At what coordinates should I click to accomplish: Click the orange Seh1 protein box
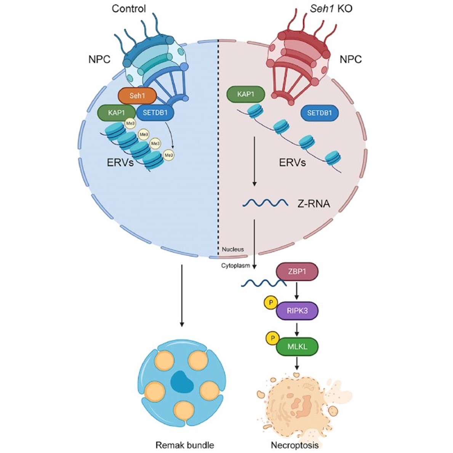(x=140, y=96)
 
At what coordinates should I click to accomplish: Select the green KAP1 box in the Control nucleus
(x=117, y=113)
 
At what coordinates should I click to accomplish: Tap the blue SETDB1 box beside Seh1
(x=154, y=113)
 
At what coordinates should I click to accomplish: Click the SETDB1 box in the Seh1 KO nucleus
(x=320, y=113)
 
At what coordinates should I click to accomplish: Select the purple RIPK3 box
(x=297, y=311)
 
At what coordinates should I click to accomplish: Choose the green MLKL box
(x=297, y=347)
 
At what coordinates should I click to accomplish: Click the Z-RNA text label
(x=314, y=204)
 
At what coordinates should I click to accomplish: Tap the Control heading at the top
(x=129, y=8)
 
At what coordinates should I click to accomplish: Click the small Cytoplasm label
(x=235, y=266)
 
